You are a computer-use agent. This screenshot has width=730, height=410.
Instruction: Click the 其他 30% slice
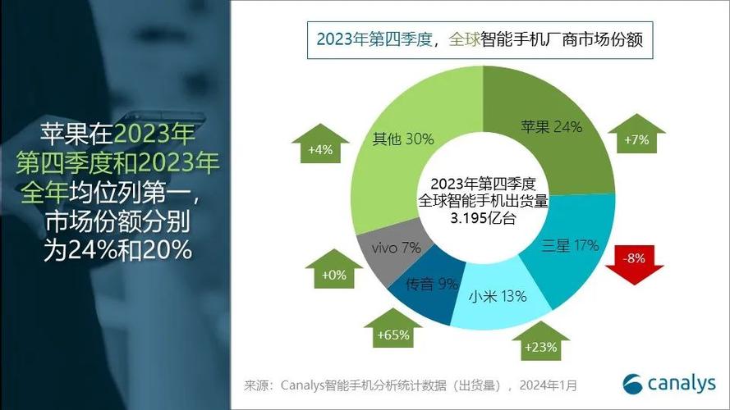click(x=410, y=139)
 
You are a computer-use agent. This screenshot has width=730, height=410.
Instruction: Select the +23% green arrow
click(x=540, y=341)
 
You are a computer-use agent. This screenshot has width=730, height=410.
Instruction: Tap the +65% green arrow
click(x=393, y=328)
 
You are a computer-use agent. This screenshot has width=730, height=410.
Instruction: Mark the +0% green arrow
click(x=334, y=269)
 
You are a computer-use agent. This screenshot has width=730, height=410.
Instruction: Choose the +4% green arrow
click(x=320, y=143)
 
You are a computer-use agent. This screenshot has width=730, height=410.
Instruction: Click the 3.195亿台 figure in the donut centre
click(x=484, y=218)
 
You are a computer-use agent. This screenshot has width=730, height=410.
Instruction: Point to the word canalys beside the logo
click(x=682, y=384)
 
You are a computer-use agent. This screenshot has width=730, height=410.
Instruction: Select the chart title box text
click(x=480, y=39)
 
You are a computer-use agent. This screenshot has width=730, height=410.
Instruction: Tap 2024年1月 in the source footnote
click(x=549, y=385)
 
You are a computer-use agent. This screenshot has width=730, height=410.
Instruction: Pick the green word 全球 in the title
click(x=464, y=39)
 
